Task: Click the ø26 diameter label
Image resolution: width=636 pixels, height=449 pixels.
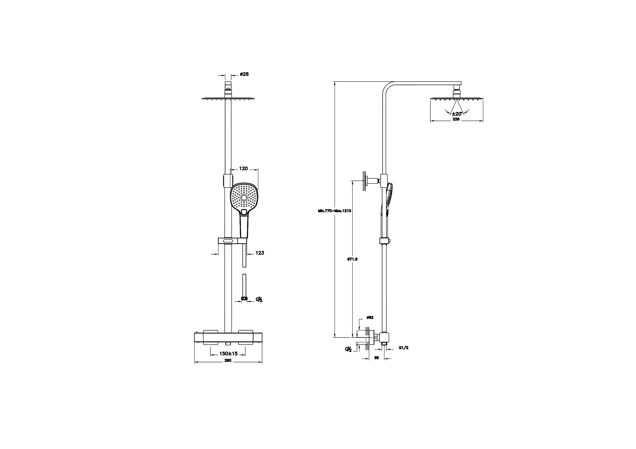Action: tap(244, 74)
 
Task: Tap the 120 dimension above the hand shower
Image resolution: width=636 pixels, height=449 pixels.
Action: tap(243, 168)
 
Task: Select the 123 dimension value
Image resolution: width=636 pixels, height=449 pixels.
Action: tap(260, 253)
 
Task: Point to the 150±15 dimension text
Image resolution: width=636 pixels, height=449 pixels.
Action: tap(229, 354)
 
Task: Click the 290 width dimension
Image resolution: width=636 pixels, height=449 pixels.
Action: tap(228, 360)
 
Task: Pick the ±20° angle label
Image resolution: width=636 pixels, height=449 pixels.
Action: tap(457, 114)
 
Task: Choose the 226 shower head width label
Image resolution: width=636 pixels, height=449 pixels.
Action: tap(456, 119)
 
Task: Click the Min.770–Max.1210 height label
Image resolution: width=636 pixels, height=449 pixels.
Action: tap(335, 211)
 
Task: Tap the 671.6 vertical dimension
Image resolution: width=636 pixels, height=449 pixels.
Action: tap(352, 259)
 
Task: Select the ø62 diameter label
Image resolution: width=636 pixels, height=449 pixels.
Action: tap(370, 317)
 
